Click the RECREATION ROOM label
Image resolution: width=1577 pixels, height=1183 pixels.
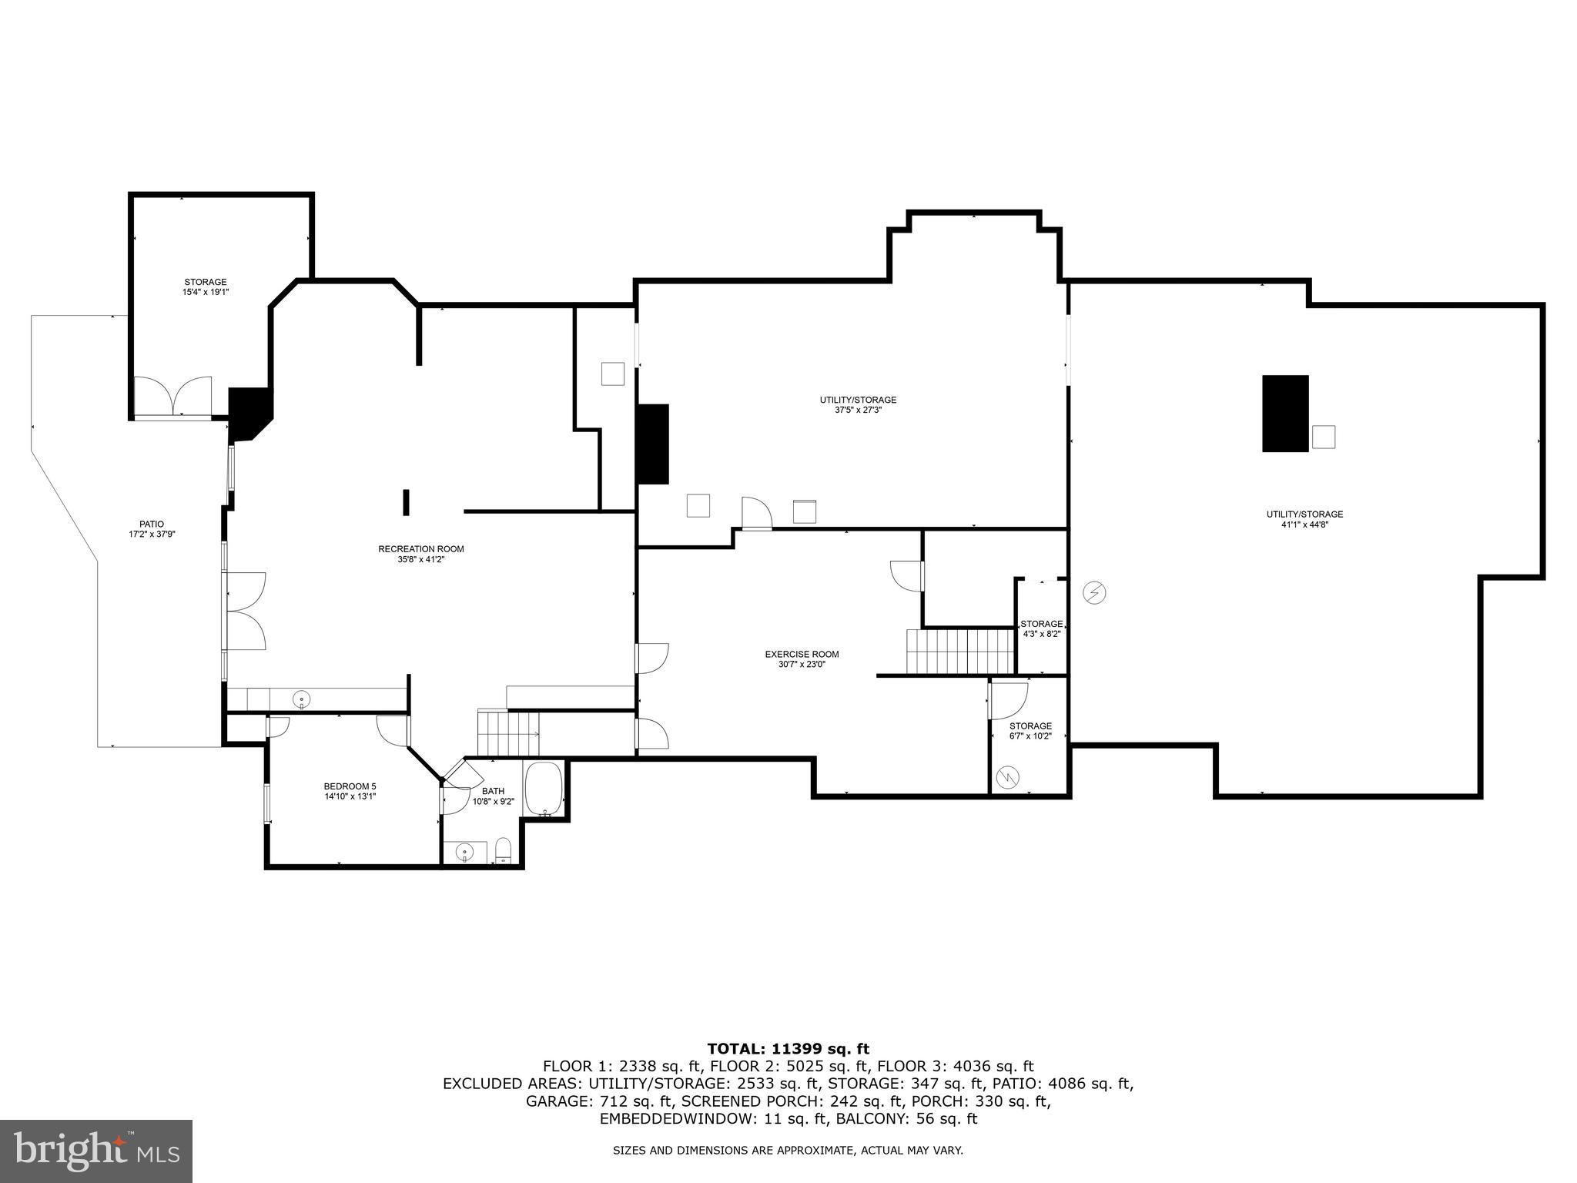(x=420, y=549)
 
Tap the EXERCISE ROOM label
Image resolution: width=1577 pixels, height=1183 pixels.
(x=801, y=655)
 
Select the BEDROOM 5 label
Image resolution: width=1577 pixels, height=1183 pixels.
(x=350, y=786)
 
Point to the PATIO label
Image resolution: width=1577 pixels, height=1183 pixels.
(x=152, y=524)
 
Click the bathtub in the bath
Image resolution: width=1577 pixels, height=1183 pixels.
(x=544, y=789)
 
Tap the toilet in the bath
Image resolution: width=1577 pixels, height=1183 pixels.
(x=504, y=850)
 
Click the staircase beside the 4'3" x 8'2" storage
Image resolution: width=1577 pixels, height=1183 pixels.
(x=959, y=652)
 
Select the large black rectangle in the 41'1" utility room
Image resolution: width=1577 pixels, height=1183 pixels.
(x=1284, y=414)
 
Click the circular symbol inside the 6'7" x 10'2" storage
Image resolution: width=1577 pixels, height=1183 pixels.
(x=1006, y=778)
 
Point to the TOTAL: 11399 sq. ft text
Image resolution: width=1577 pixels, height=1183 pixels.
(x=788, y=1048)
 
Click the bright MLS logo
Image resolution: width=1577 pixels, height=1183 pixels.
(x=96, y=1151)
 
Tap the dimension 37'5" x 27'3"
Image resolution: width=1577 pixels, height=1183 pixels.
(x=857, y=411)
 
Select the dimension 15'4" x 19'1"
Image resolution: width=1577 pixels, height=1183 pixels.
(x=205, y=293)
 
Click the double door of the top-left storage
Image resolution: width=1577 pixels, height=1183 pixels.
(x=173, y=397)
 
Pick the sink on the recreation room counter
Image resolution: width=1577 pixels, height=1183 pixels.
(x=302, y=699)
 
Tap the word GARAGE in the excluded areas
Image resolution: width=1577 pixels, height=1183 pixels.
(x=555, y=1101)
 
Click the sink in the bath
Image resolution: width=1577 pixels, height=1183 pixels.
(x=464, y=852)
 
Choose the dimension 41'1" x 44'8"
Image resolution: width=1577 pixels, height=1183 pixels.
(x=1304, y=524)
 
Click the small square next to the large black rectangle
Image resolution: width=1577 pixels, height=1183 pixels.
(x=1323, y=437)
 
